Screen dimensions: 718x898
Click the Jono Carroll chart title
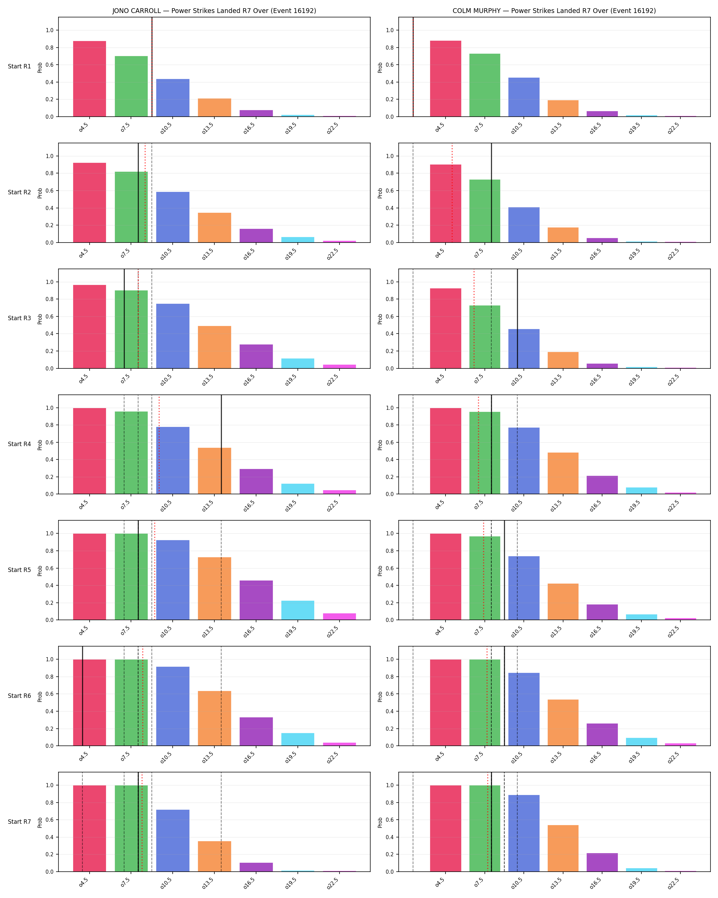[214, 11]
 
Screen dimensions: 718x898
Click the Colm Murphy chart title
[554, 11]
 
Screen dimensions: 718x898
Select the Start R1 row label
[19, 66]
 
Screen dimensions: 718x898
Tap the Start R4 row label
[19, 444]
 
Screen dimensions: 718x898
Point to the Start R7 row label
[19, 822]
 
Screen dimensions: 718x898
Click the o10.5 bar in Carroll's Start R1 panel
[173, 98]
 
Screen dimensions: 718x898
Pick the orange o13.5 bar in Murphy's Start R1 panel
[563, 108]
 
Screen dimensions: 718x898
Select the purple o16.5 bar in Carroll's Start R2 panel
[256, 236]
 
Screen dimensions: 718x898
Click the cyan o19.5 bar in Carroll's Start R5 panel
[297, 610]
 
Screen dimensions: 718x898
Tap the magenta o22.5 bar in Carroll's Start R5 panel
[339, 616]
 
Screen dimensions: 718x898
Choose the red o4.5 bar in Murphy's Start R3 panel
[446, 328]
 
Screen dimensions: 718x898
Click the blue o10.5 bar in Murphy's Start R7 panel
[523, 833]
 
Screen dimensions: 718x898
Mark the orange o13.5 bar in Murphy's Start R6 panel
[563, 723]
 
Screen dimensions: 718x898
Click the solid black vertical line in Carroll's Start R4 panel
[221, 444]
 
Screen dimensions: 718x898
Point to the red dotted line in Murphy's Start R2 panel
[452, 193]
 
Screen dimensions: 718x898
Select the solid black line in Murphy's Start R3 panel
[517, 318]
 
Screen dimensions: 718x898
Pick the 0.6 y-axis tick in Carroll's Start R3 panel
[50, 316]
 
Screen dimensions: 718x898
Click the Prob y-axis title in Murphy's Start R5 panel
[380, 571]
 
